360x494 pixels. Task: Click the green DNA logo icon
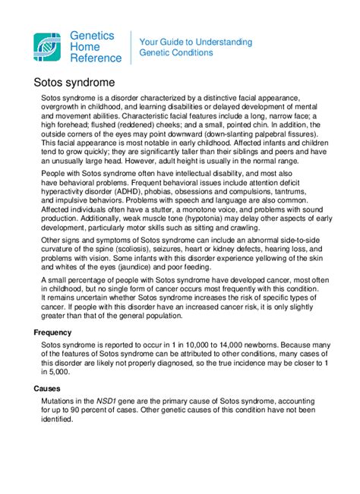coord(49,46)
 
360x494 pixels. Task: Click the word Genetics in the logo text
coord(92,35)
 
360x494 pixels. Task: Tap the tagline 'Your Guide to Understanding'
coord(197,41)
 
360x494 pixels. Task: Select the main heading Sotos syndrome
coord(74,80)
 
